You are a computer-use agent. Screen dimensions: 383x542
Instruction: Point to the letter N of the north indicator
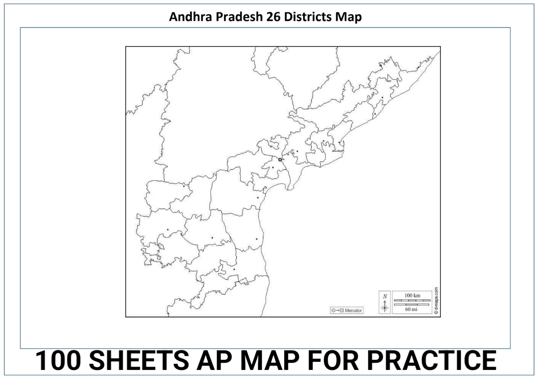(x=385, y=297)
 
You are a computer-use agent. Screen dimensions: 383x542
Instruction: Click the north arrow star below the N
(x=385, y=308)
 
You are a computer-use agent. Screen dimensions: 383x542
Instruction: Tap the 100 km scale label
(x=412, y=295)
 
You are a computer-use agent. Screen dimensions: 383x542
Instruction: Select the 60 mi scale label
(x=412, y=309)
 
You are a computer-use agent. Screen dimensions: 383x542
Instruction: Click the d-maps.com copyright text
(x=436, y=301)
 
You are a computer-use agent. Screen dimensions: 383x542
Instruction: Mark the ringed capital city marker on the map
(x=280, y=160)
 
